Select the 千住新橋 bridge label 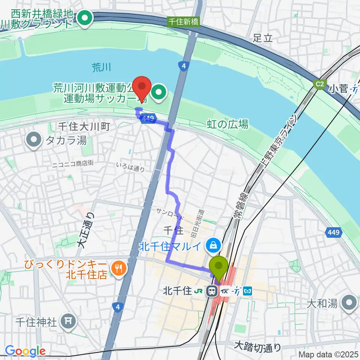point(183,22)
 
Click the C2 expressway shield point(319,84)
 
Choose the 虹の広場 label point(228,124)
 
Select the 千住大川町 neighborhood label point(83,127)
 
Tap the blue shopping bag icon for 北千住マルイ point(213,246)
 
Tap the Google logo point(25,351)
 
